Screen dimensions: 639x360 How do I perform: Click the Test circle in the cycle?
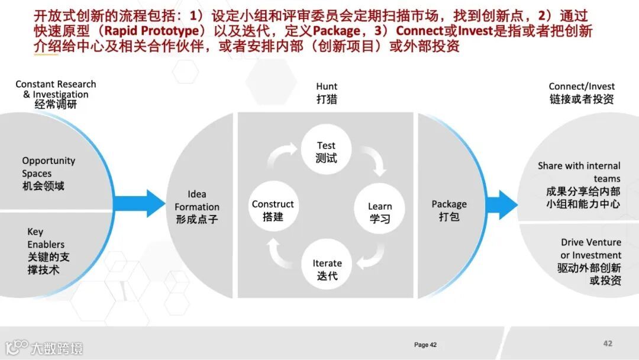pyautogui.click(x=326, y=152)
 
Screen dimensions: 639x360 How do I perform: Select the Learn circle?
pyautogui.click(x=379, y=213)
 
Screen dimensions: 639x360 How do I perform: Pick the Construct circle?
pyautogui.click(x=273, y=211)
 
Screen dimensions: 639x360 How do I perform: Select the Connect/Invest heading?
pyautogui.click(x=582, y=93)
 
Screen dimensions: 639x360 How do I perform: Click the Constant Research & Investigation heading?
pyautogui.click(x=56, y=94)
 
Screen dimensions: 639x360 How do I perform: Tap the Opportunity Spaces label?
pyautogui.click(x=49, y=173)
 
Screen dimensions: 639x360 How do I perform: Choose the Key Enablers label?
pyautogui.click(x=48, y=250)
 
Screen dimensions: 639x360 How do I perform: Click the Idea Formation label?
pyautogui.click(x=197, y=206)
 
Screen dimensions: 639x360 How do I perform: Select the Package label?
pyautogui.click(x=449, y=210)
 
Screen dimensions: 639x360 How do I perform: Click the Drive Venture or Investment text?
pyautogui.click(x=589, y=261)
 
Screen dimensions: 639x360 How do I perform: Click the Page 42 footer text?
pyautogui.click(x=425, y=345)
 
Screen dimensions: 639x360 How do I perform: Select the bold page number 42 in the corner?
pyautogui.click(x=608, y=343)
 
